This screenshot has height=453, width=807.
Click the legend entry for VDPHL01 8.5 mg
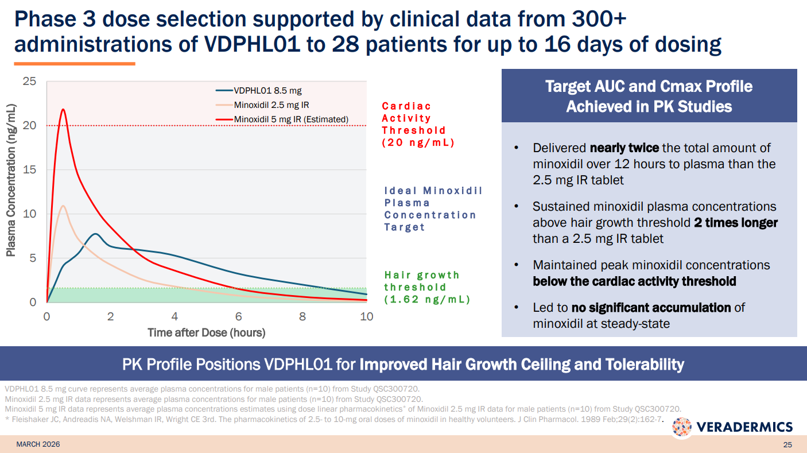point(267,91)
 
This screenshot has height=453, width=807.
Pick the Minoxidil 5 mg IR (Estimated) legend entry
point(291,119)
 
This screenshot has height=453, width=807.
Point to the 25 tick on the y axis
point(29,82)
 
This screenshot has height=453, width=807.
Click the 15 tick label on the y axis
point(29,170)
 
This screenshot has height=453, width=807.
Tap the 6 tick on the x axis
point(238,316)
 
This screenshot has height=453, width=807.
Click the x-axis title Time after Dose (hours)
point(207,332)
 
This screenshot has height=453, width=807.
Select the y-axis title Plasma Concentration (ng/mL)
point(11,180)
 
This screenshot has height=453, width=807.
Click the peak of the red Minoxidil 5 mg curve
point(63,109)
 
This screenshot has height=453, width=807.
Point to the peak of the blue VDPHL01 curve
point(95,234)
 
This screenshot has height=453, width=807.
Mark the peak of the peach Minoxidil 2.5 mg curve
point(63,206)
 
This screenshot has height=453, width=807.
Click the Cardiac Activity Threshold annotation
point(418,125)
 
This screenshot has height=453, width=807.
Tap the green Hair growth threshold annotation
point(426,287)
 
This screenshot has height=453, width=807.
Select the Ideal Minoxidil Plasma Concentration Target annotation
point(433,209)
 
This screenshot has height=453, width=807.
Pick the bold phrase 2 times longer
point(736,223)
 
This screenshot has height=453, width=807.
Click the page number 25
point(787,445)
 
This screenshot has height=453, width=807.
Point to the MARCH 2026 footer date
point(38,444)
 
